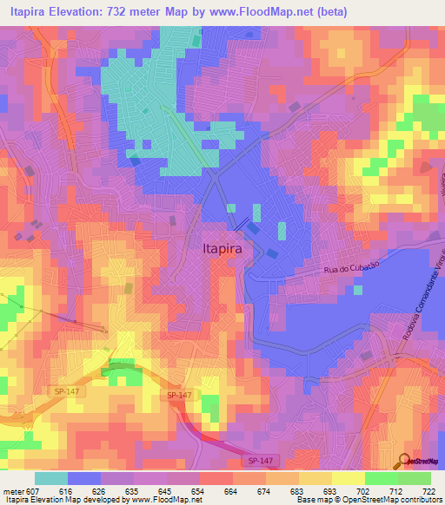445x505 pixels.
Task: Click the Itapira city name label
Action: [x=221, y=246]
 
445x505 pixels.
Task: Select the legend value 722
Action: [x=428, y=490]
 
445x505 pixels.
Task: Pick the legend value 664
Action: [x=231, y=490]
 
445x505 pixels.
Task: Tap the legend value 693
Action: [x=330, y=490]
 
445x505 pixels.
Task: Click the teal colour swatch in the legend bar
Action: [x=50, y=478]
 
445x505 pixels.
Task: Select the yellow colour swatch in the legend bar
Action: [x=348, y=478]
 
